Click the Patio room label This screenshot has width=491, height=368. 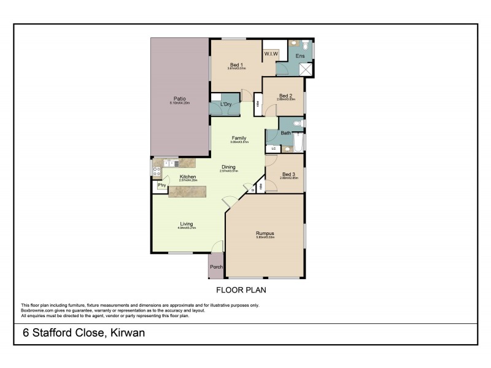tap(179, 99)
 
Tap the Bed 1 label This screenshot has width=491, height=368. tap(236, 64)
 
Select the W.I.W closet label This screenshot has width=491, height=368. tap(271, 54)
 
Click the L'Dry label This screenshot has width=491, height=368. tap(225, 105)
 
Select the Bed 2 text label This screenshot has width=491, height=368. tap(285, 96)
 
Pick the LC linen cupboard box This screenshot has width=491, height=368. tap(273, 148)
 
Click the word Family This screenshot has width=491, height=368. tap(239, 138)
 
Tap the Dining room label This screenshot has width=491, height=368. tap(228, 167)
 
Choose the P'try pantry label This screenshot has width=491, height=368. tap(163, 185)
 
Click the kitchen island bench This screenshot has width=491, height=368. tap(187, 192)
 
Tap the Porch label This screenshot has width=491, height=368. tap(216, 267)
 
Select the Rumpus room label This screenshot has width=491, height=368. tap(265, 233)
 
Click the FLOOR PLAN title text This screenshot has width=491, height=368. tap(241, 289)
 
